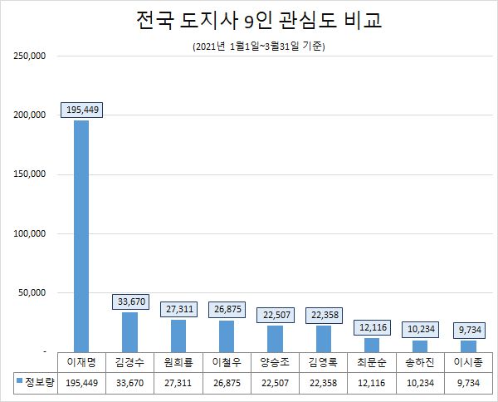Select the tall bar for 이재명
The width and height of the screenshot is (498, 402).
[81, 236]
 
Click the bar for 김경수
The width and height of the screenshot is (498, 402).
[129, 331]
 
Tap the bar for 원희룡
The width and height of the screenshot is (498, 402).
[178, 336]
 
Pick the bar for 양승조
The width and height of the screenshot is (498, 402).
[276, 338]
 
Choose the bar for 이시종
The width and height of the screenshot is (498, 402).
[468, 346]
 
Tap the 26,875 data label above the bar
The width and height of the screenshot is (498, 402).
[227, 309]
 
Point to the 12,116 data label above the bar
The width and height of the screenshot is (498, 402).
[372, 327]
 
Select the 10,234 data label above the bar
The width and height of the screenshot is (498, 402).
[420, 329]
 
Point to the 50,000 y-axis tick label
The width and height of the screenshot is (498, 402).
[32, 293]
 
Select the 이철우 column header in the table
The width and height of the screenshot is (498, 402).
[227, 362]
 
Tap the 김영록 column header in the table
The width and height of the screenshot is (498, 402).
[324, 362]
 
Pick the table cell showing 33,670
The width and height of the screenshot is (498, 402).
[129, 382]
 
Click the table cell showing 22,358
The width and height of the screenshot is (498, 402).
[324, 382]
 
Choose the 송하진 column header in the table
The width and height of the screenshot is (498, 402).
[420, 362]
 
